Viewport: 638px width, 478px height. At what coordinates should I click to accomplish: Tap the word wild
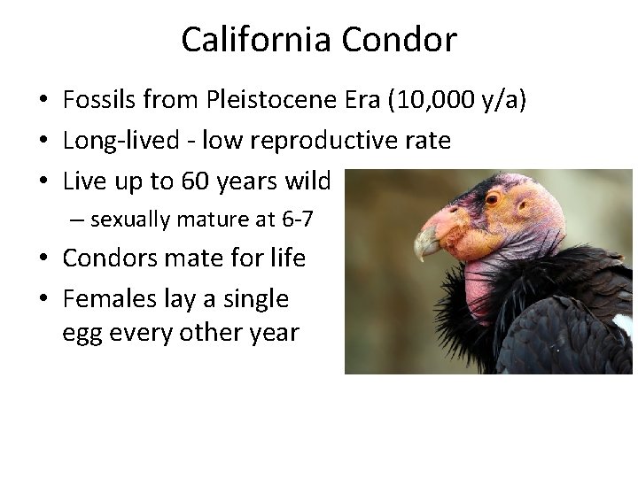(307, 181)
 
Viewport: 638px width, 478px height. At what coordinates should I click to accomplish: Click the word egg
(82, 334)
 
